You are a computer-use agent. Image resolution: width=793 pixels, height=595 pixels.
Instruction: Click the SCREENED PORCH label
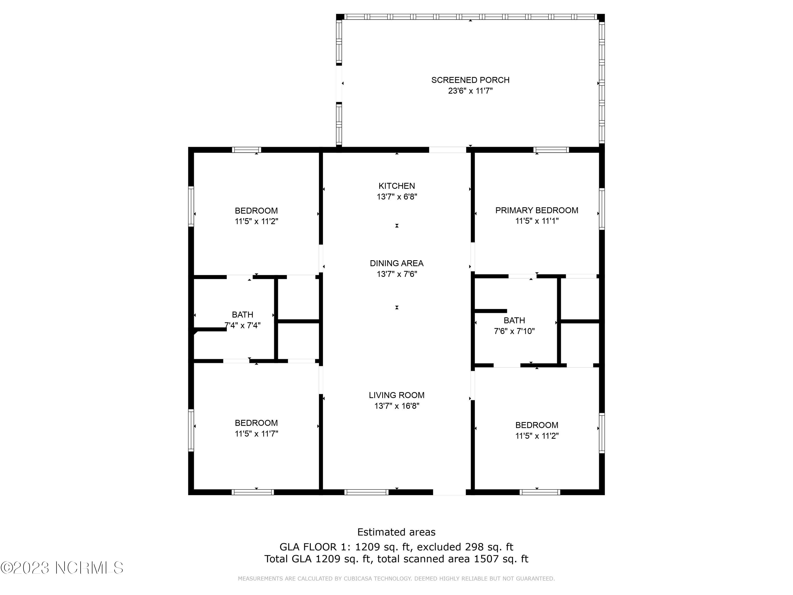click(470, 80)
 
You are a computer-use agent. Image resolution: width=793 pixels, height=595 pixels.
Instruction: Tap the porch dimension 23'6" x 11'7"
click(470, 91)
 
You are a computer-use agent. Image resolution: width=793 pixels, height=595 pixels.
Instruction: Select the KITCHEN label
click(396, 186)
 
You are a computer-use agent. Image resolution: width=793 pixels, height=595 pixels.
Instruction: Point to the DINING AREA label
click(396, 263)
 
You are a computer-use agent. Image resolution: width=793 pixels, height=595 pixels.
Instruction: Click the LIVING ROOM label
click(396, 395)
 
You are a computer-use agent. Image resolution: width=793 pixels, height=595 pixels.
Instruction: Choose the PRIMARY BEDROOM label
click(536, 210)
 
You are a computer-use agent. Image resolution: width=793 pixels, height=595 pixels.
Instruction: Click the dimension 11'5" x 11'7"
click(256, 434)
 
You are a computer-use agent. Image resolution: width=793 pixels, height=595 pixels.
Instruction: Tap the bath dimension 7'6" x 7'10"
click(514, 331)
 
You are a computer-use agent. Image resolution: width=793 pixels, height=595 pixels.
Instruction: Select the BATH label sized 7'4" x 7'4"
click(242, 314)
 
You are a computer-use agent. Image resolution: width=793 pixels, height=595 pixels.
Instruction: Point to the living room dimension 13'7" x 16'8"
click(396, 406)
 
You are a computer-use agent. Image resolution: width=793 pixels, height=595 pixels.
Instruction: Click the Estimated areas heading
click(396, 532)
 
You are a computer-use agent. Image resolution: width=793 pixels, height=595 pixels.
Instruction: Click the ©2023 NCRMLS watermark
click(62, 568)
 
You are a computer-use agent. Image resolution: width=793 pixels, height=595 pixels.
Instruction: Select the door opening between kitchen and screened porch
click(448, 150)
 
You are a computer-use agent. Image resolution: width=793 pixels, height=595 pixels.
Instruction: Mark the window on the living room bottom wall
click(366, 492)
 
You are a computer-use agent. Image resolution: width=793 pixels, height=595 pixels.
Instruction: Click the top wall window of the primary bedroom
click(551, 150)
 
